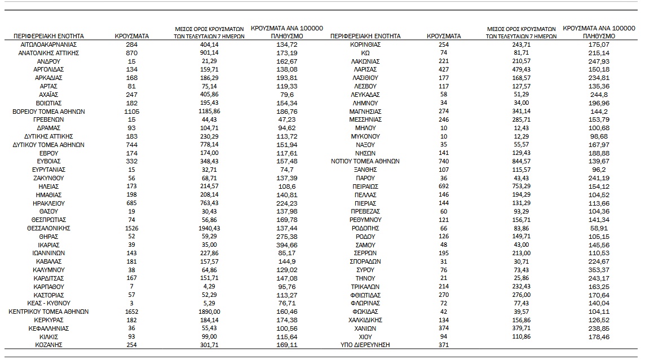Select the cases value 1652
click(131, 312)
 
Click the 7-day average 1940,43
click(209, 228)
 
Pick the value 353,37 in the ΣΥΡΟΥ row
click(598, 270)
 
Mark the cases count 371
click(443, 345)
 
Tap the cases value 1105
click(131, 112)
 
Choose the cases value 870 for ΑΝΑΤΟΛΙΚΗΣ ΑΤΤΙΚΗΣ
click(131, 53)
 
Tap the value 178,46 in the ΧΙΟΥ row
click(598, 336)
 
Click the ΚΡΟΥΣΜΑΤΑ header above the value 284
click(131, 36)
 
